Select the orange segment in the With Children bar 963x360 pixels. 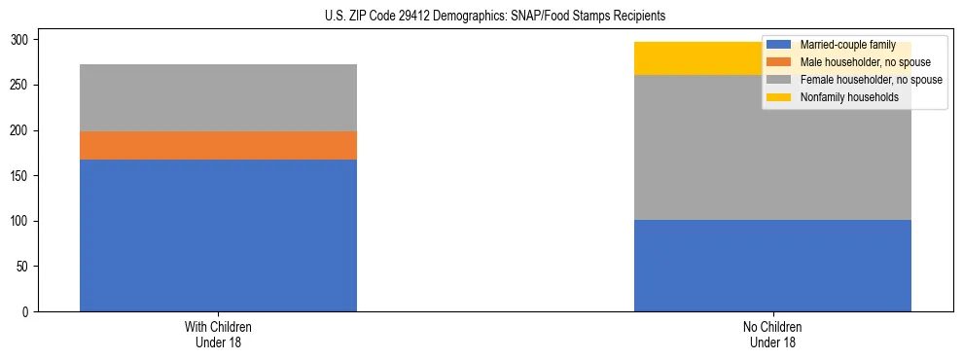(218, 145)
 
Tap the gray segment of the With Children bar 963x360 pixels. (218, 97)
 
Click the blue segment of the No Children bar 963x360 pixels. (772, 266)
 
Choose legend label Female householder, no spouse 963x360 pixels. (871, 80)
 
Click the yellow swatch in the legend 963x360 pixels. (779, 97)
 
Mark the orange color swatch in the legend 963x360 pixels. (779, 62)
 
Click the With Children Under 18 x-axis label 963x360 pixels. (218, 335)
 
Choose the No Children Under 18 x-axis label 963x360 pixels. (772, 335)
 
